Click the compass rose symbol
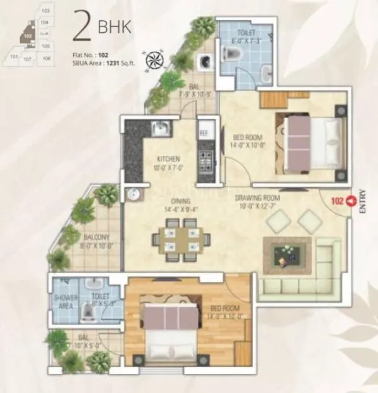tap(152, 61)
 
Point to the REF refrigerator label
tap(204, 134)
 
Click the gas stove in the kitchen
tap(205, 162)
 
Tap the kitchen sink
tap(161, 129)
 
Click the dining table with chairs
tap(176, 238)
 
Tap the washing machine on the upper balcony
tap(205, 61)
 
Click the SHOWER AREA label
tap(66, 302)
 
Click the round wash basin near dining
tap(132, 196)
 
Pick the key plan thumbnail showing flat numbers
tap(35, 35)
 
